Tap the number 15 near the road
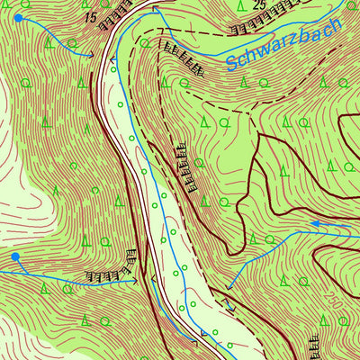(x=87, y=17)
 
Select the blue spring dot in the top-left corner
(x=18, y=17)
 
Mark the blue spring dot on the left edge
(x=14, y=257)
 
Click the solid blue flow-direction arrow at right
(x=315, y=224)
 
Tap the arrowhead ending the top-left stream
(x=91, y=56)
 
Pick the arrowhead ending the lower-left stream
(x=135, y=281)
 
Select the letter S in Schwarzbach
(x=232, y=64)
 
